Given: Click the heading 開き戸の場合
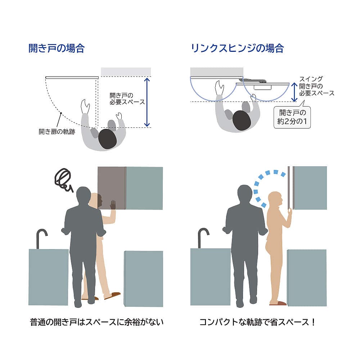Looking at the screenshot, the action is pos(57,49).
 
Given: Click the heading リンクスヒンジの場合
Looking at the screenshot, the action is pos(237,49).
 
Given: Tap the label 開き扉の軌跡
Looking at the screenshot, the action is pos(57,131).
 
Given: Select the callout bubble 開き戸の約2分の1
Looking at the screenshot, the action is pos(292,117).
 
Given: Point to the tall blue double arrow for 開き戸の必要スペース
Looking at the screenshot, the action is pos(147,102).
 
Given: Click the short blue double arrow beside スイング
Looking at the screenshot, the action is pos(294,92).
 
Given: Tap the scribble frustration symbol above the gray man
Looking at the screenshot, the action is pos(63,180).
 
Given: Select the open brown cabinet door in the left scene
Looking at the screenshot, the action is pos(112,188).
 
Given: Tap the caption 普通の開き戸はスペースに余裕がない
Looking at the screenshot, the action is pos(96,322).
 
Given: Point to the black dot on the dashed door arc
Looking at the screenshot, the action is pos(61,113).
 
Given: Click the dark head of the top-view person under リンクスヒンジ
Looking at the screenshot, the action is pos(242,120).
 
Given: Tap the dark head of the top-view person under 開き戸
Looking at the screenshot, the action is pos(107,139).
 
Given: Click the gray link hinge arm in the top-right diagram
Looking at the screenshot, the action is pos(253,80).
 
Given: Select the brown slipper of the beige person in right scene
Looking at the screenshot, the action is pos(278,303).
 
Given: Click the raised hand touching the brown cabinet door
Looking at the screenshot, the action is pos(113,205).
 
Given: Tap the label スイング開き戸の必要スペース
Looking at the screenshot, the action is pos(316,86).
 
